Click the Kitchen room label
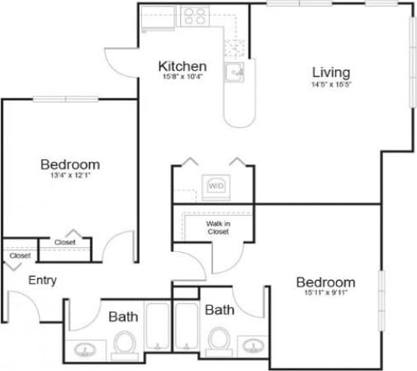coord(182,66)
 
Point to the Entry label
coord(43,280)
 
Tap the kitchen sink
coord(237,73)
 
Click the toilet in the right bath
coord(219,339)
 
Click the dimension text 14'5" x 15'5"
coord(330,84)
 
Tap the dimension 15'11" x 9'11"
coord(325,294)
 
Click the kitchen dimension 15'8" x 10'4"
coord(182,77)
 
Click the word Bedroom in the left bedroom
coord(70,164)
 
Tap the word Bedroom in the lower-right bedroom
coord(325,282)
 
